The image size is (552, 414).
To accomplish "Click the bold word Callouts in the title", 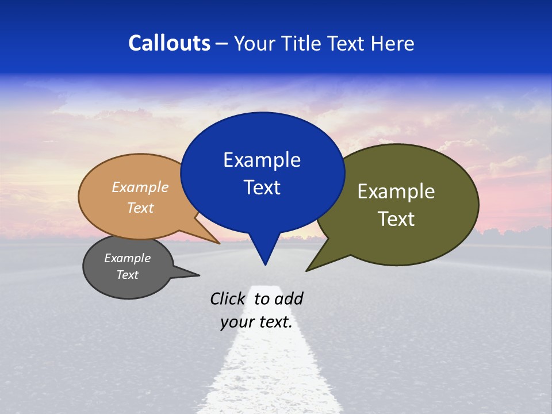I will click(x=169, y=43).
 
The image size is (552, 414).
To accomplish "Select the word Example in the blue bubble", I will click(x=262, y=160).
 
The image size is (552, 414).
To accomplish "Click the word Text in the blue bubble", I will click(x=262, y=187).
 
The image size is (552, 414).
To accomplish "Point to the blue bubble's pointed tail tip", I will click(x=265, y=264).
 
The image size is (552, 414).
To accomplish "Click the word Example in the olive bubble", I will click(x=396, y=191).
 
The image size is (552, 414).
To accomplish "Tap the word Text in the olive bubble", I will click(x=396, y=218).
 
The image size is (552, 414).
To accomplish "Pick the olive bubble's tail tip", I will click(x=307, y=270).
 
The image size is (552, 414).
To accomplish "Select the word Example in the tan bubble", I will click(x=140, y=187).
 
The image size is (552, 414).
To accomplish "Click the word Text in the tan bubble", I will click(x=140, y=208).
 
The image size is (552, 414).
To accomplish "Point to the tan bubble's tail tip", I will click(x=219, y=243).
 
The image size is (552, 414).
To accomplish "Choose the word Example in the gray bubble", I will click(x=127, y=258).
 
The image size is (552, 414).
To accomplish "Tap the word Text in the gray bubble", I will click(x=127, y=275).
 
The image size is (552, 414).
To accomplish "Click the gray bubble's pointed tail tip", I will click(x=199, y=275).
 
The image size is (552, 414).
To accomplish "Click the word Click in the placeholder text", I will click(x=228, y=298).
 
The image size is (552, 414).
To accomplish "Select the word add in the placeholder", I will click(x=288, y=298).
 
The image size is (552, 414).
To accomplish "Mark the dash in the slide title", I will click(x=222, y=44).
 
